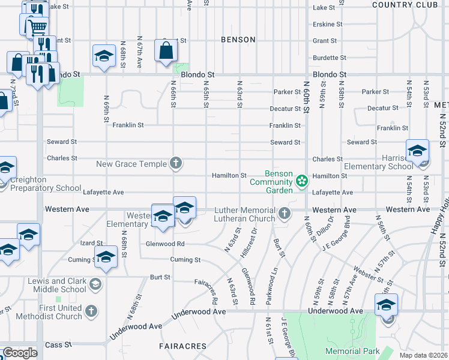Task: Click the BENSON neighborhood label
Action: (238, 40)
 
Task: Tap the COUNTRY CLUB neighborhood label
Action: (405, 5)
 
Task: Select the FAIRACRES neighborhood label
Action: (182, 346)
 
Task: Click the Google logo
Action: (19, 353)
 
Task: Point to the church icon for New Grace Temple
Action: (176, 163)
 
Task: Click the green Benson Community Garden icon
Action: (301, 180)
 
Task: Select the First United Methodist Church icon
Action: (91, 311)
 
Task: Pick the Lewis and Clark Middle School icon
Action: (95, 284)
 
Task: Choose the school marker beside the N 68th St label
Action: (104, 56)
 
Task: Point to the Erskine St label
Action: (327, 25)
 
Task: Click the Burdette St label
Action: (327, 58)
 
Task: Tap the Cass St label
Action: (59, 345)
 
